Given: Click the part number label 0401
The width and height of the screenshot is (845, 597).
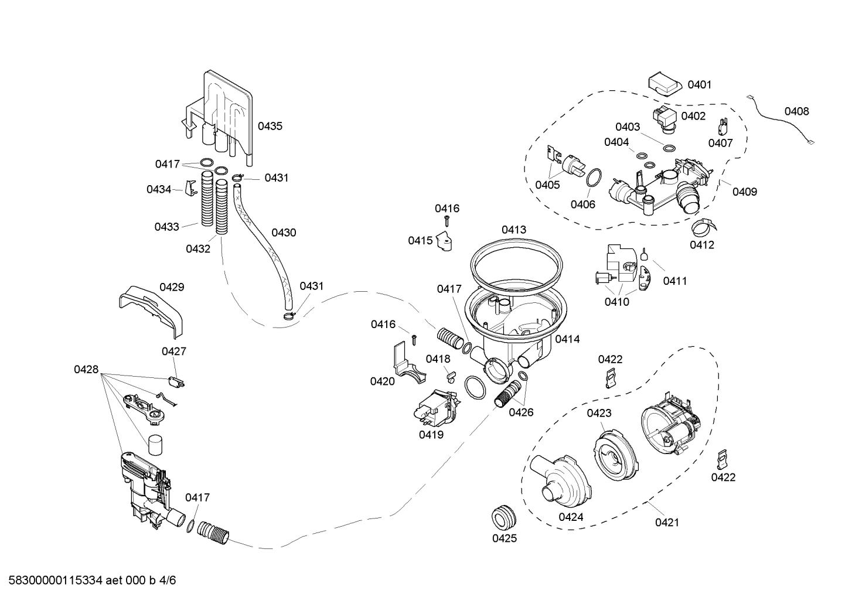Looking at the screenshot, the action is [700, 85].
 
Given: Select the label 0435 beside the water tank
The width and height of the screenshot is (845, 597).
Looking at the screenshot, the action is [270, 127].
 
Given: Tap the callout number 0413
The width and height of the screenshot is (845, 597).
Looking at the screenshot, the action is [514, 230].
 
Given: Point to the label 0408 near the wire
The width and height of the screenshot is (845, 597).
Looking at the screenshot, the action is [797, 112].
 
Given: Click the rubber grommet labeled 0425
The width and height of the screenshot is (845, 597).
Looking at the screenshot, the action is [504, 519].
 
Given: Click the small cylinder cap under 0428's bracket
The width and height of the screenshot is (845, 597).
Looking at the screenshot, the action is [155, 445].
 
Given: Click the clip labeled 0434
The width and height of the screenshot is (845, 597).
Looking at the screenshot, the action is [191, 188].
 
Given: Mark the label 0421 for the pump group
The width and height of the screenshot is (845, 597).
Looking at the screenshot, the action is [667, 523].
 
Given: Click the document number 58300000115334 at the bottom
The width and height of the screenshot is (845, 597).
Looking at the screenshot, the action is [56, 581].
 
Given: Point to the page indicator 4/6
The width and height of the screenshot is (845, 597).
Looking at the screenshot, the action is [168, 581].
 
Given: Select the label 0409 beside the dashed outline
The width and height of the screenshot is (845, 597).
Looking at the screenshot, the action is [745, 192].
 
